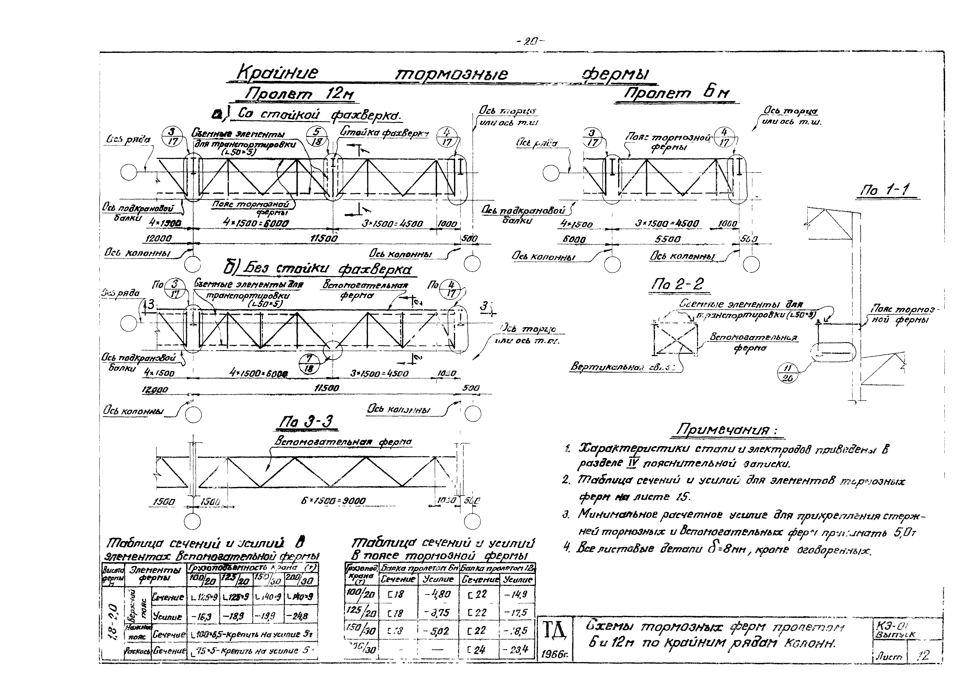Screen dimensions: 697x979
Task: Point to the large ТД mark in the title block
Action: (555, 630)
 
